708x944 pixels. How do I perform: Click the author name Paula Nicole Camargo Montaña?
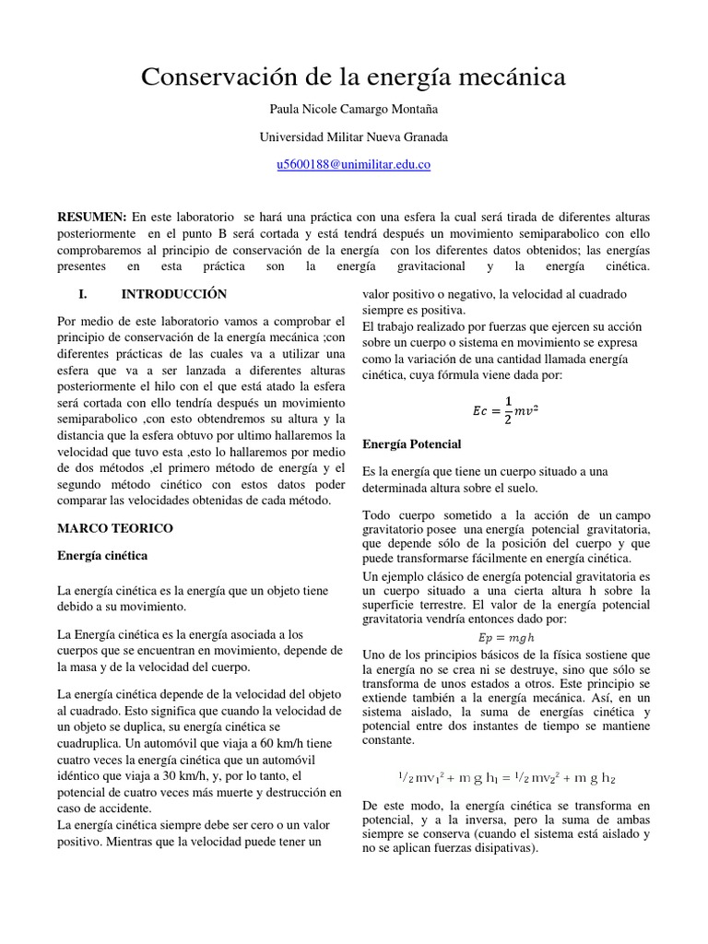pos(354,110)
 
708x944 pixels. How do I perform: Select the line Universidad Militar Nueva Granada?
pos(354,137)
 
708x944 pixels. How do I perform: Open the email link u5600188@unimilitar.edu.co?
pos(354,165)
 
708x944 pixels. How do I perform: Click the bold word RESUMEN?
pos(91,216)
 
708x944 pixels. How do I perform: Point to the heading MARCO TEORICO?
pos(114,528)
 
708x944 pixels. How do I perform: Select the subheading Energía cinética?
pos(101,556)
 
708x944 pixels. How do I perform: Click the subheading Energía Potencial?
pos(411,444)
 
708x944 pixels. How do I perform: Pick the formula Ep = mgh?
pos(505,638)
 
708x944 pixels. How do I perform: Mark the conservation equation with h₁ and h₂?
pos(505,778)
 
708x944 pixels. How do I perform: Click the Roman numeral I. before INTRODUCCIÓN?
pos(83,294)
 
